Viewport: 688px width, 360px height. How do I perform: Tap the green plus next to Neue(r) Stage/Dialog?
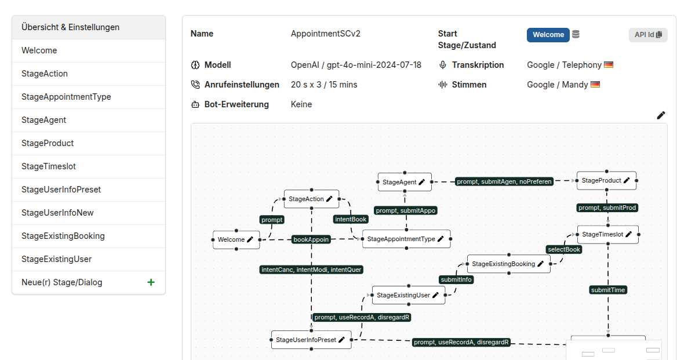[151, 282]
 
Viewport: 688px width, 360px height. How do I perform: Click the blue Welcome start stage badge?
[548, 35]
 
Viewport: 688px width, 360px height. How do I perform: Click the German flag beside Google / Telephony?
[609, 65]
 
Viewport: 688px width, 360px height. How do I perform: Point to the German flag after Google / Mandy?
[595, 85]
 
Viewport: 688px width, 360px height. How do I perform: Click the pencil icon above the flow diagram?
[661, 115]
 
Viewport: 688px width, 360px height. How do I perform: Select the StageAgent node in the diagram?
[405, 182]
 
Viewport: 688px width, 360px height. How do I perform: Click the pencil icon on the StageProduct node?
[627, 180]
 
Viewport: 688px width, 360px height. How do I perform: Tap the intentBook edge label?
[351, 219]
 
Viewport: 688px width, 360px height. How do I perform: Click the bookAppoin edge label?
[311, 239]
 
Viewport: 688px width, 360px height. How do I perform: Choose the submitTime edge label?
[607, 290]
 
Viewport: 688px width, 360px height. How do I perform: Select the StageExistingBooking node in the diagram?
[508, 264]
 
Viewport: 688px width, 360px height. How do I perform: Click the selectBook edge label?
[564, 249]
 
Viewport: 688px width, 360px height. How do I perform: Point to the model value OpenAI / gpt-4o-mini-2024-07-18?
[356, 65]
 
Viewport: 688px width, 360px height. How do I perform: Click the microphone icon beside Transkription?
[443, 65]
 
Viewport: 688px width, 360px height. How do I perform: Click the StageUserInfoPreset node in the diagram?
[311, 340]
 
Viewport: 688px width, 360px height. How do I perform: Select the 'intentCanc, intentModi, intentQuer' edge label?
[311, 270]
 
